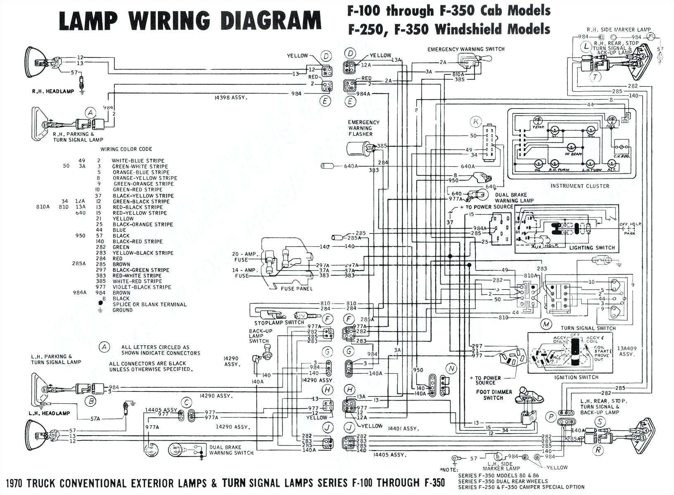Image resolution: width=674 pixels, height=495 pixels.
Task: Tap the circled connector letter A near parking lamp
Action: coord(90,112)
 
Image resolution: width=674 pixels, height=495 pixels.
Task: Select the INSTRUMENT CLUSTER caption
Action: coord(579,186)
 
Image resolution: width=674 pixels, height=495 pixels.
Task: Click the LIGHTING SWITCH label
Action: coord(592,248)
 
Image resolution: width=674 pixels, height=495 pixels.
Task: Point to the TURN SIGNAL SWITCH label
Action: coord(588,328)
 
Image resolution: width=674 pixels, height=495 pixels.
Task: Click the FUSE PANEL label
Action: coord(296,288)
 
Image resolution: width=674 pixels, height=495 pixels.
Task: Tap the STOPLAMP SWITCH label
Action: coord(279,323)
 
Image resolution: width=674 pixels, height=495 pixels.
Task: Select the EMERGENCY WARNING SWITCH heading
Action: coord(466,49)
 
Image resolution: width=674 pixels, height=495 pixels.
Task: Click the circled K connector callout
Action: coord(476,122)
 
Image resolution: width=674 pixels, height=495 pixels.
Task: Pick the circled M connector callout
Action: coord(546,324)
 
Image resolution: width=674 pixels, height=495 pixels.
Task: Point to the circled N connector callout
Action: coord(451,368)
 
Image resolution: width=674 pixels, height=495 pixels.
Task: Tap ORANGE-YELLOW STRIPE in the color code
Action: coord(145,178)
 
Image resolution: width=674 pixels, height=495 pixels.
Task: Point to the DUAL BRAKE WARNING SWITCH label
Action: coord(231,450)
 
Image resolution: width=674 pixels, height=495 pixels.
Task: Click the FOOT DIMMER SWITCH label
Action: coord(494,395)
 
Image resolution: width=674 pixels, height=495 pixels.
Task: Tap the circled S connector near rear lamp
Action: coord(599,422)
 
